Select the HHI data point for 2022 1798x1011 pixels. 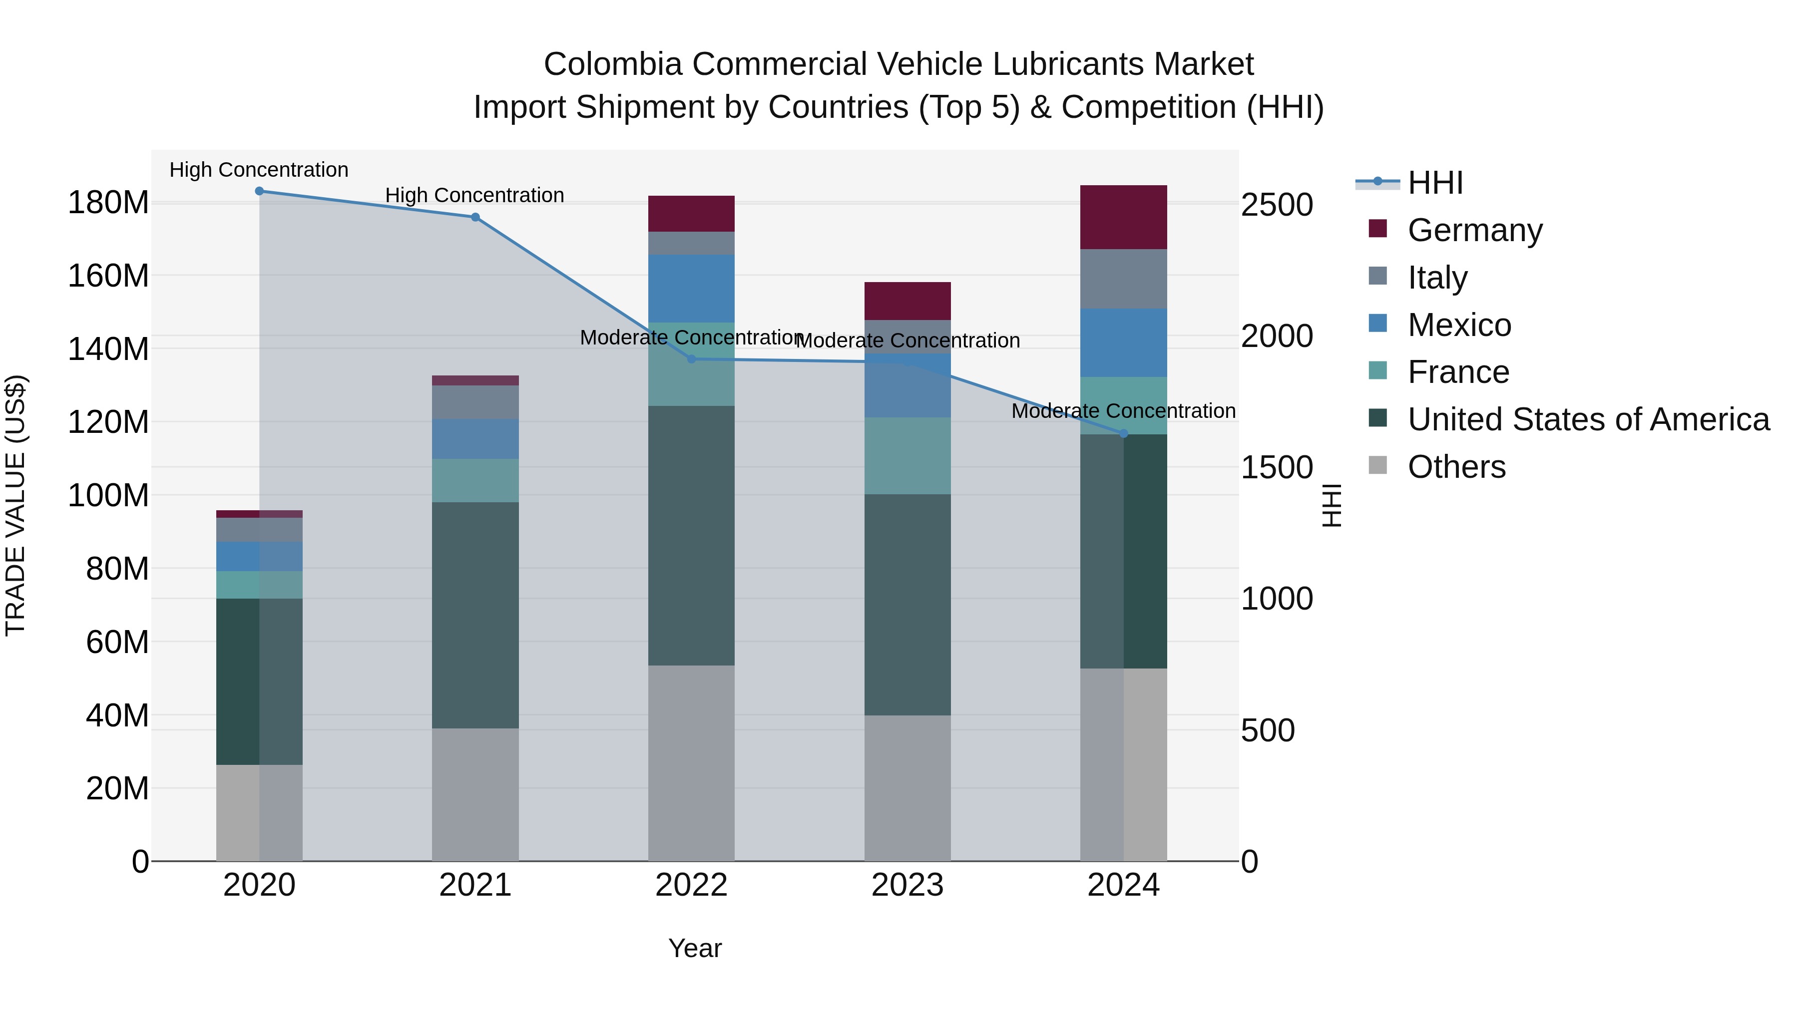tap(691, 359)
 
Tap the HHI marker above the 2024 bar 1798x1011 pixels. tap(1123, 434)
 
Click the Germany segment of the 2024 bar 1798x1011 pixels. tap(1123, 217)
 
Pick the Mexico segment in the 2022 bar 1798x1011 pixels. tap(691, 288)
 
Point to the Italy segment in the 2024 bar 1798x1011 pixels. tap(1123, 279)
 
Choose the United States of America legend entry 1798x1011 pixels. tap(1588, 419)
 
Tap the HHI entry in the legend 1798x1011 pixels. tap(1434, 183)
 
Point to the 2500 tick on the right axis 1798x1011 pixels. tap(1277, 205)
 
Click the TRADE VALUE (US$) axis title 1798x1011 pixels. tap(15, 505)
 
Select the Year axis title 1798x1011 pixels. tap(695, 948)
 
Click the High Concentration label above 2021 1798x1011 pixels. tap(474, 195)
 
